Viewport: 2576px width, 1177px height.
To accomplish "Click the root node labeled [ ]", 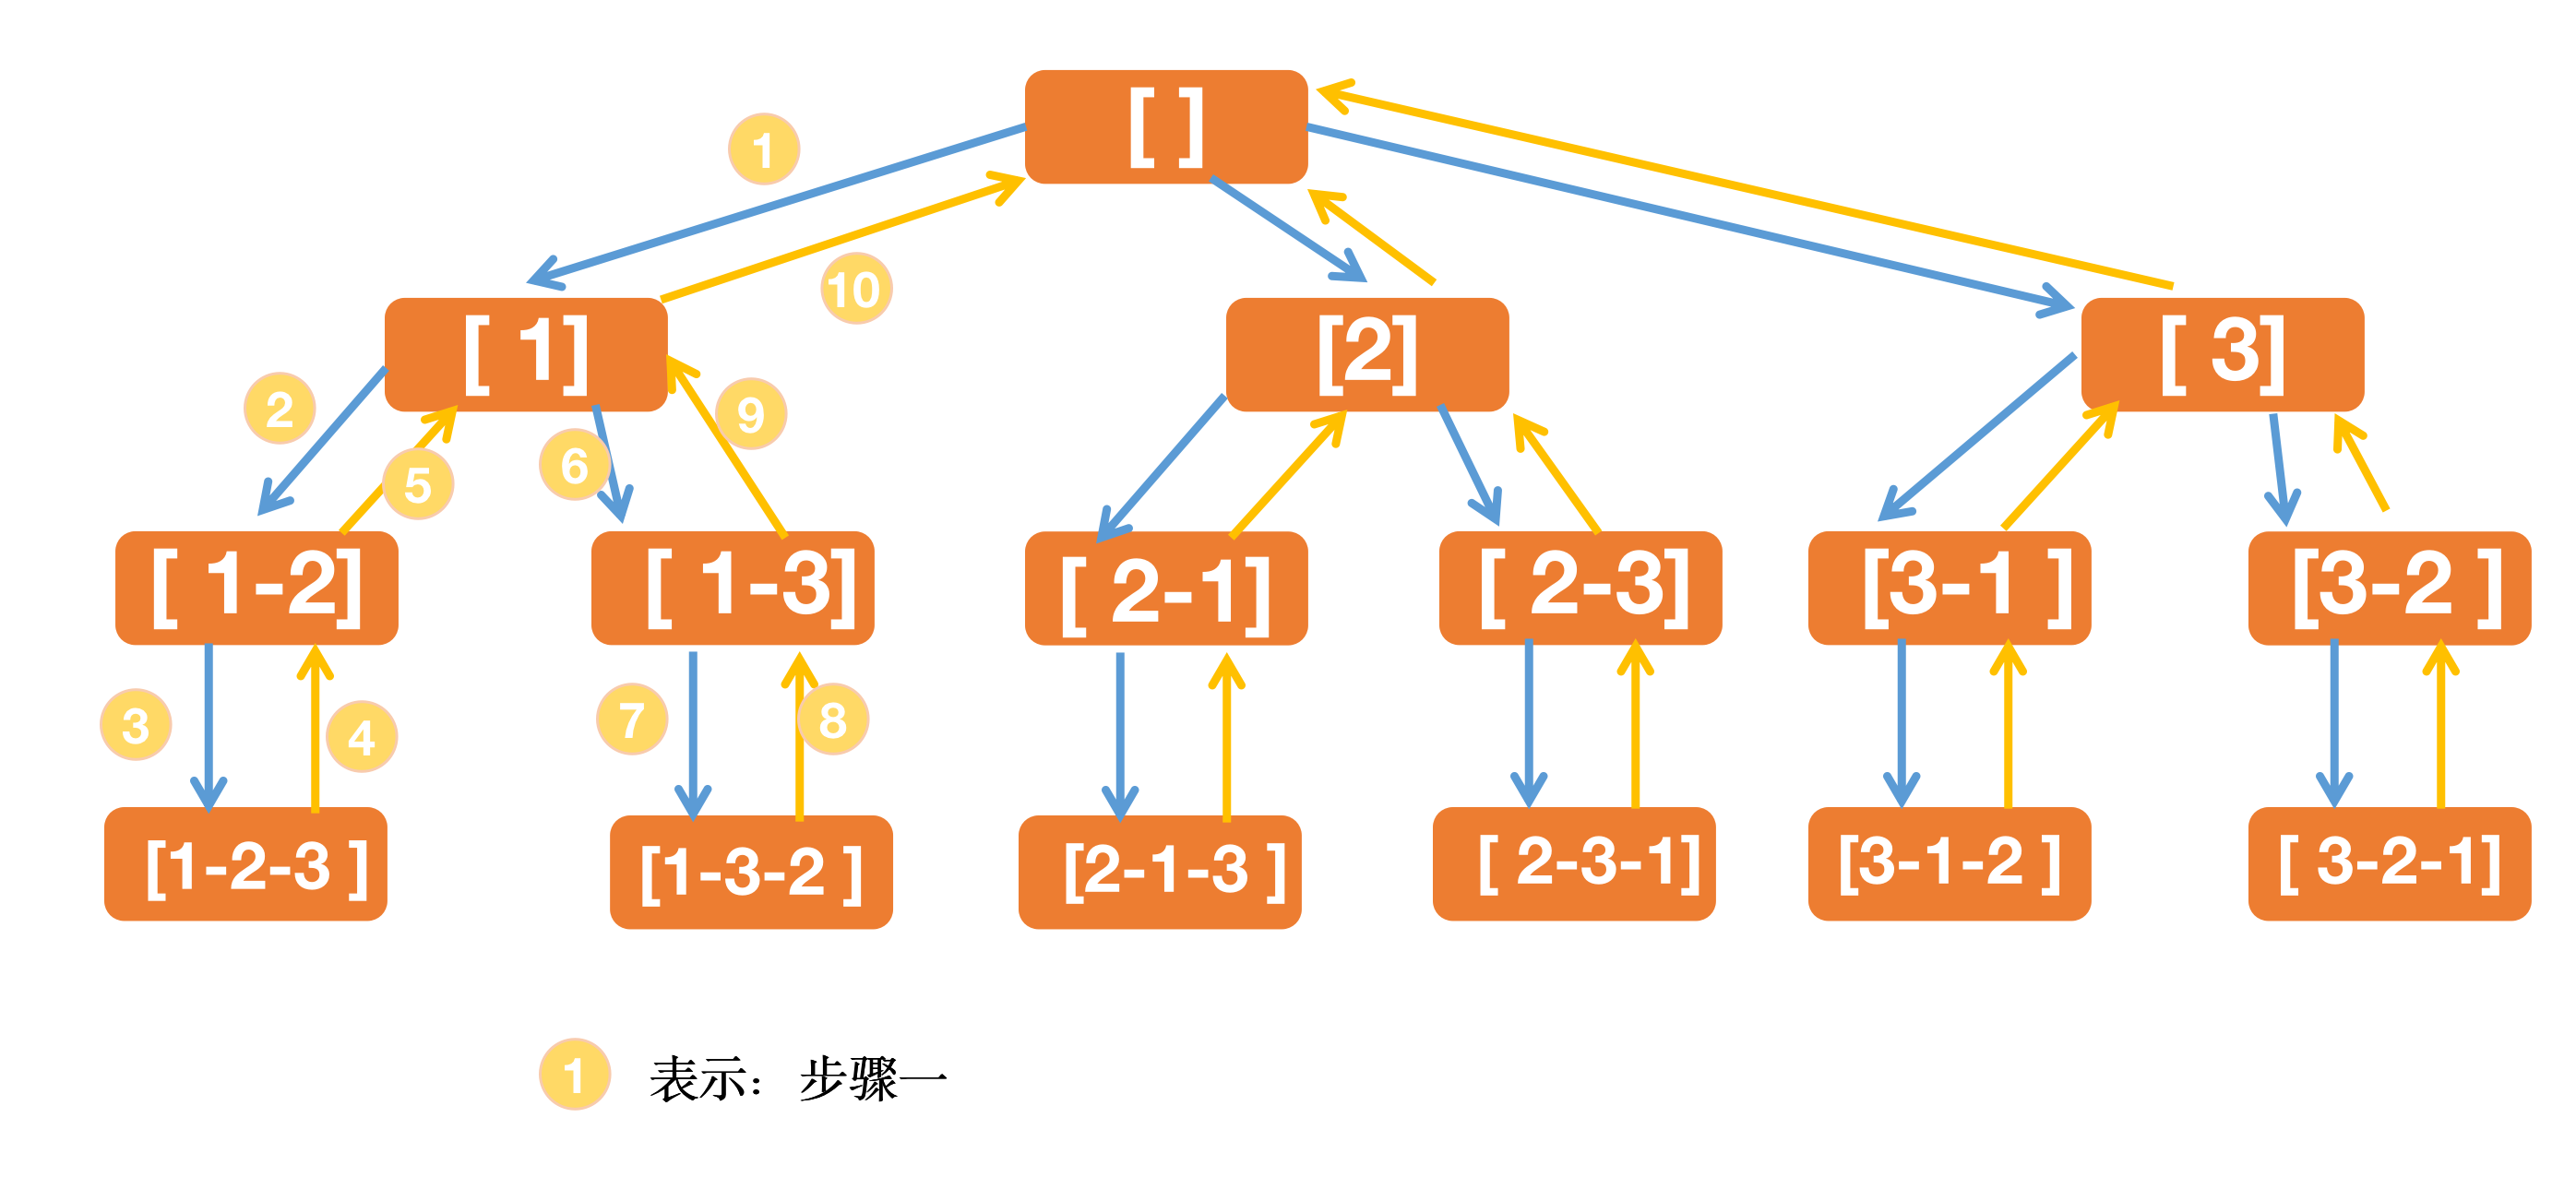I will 1166,127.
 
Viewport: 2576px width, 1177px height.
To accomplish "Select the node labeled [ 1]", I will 526,354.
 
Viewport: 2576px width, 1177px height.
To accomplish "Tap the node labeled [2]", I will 1367,354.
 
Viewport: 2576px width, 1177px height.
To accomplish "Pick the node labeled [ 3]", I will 2222,354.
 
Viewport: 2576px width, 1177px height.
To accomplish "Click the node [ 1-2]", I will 257,587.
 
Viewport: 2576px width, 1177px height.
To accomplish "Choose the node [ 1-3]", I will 733,587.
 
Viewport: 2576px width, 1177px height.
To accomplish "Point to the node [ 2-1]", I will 1166,588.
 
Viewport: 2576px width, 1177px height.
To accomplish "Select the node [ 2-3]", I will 1580,587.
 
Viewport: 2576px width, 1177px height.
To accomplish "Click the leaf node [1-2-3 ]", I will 246,863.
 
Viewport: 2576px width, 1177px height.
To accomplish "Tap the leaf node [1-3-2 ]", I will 751,871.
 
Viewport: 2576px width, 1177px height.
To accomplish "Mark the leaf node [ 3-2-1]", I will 2389,863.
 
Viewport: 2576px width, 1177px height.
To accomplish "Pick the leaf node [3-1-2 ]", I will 1949,863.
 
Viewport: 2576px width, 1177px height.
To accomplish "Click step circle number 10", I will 856,289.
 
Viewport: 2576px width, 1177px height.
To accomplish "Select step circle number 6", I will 574,465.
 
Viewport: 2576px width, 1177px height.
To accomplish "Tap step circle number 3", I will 136,724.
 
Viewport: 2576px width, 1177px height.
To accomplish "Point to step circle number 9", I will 751,413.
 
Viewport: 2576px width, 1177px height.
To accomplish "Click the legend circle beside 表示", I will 574,1074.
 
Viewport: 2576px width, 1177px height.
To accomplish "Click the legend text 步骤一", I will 872,1080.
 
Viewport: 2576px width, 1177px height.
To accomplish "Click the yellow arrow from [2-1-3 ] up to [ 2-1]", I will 1227,740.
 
